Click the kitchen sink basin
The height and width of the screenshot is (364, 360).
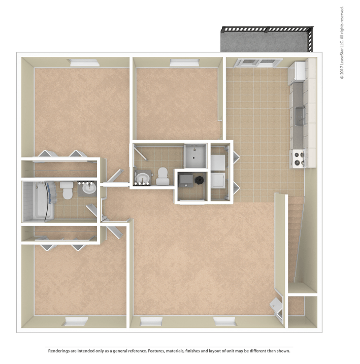pyautogui.click(x=300, y=116)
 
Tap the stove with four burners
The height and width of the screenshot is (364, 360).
pyautogui.click(x=298, y=159)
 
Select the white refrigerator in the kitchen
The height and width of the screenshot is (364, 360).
pyautogui.click(x=297, y=73)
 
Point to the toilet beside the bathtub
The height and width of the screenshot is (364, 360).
pyautogui.click(x=67, y=190)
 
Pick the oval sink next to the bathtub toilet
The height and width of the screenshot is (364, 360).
pyautogui.click(x=89, y=188)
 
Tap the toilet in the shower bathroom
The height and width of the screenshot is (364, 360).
pyautogui.click(x=162, y=176)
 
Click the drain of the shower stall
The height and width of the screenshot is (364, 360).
pyautogui.click(x=193, y=158)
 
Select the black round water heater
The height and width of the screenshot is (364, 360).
pyautogui.click(x=199, y=180)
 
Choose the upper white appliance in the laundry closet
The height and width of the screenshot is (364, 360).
pyautogui.click(x=218, y=162)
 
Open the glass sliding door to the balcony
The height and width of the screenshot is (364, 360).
pyautogui.click(x=258, y=63)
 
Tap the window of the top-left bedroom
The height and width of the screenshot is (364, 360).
pyautogui.click(x=84, y=62)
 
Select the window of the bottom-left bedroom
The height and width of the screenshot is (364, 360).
pyautogui.click(x=76, y=321)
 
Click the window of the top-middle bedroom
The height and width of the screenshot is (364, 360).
pyautogui.click(x=184, y=62)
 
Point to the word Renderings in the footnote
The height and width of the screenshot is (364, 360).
pyautogui.click(x=59, y=351)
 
